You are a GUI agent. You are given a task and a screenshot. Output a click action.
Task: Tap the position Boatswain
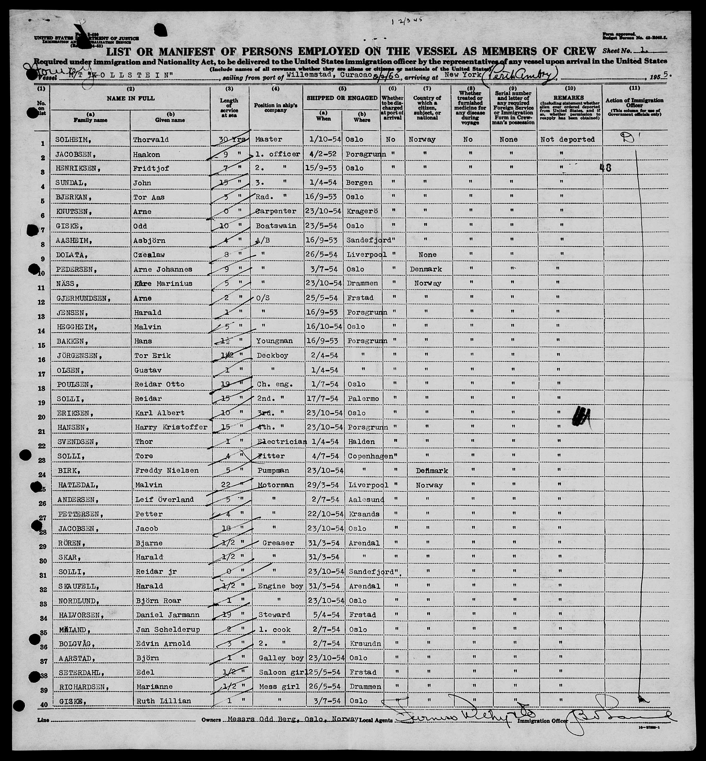[276, 226]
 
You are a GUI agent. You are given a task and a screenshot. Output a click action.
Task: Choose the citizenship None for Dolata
[427, 255]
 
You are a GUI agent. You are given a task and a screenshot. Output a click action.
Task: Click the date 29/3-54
[323, 485]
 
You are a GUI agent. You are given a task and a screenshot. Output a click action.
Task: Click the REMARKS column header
[569, 98]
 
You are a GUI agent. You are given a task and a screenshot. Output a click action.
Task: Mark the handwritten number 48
[605, 168]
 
